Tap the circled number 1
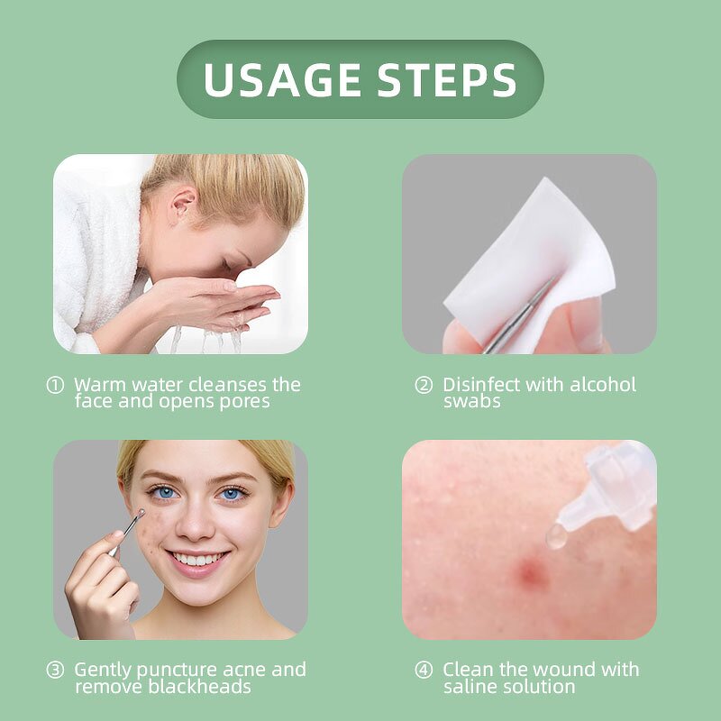click(56, 385)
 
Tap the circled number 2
click(424, 385)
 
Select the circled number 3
click(56, 671)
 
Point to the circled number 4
click(424, 671)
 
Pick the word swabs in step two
click(471, 401)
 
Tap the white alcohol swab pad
click(532, 252)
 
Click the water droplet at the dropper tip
click(556, 537)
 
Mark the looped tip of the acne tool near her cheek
click(139, 516)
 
